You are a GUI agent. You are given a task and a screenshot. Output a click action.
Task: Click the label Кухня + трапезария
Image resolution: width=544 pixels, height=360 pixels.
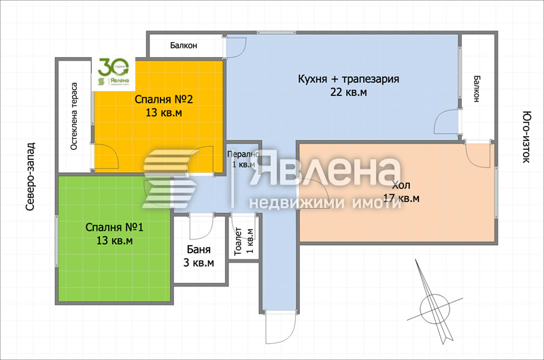tap(348, 79)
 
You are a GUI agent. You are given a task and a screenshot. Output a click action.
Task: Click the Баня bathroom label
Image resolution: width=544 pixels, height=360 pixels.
tap(199, 250)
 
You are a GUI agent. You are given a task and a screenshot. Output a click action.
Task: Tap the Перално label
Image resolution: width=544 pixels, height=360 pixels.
tap(243, 154)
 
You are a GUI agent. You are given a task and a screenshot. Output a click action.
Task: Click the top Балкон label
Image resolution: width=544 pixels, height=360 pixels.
tap(183, 46)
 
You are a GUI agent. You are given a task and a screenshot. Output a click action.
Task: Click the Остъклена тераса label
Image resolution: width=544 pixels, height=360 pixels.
tap(74, 116)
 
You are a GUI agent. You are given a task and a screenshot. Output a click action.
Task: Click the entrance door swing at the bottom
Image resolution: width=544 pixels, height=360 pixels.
tap(277, 329)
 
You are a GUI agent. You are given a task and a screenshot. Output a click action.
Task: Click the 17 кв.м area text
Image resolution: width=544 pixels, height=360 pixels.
tap(401, 199)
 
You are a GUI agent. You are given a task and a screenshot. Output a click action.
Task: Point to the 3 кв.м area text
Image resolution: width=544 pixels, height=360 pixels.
tap(199, 263)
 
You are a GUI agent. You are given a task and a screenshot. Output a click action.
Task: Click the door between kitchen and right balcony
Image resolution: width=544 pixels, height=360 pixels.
tap(449, 122)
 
